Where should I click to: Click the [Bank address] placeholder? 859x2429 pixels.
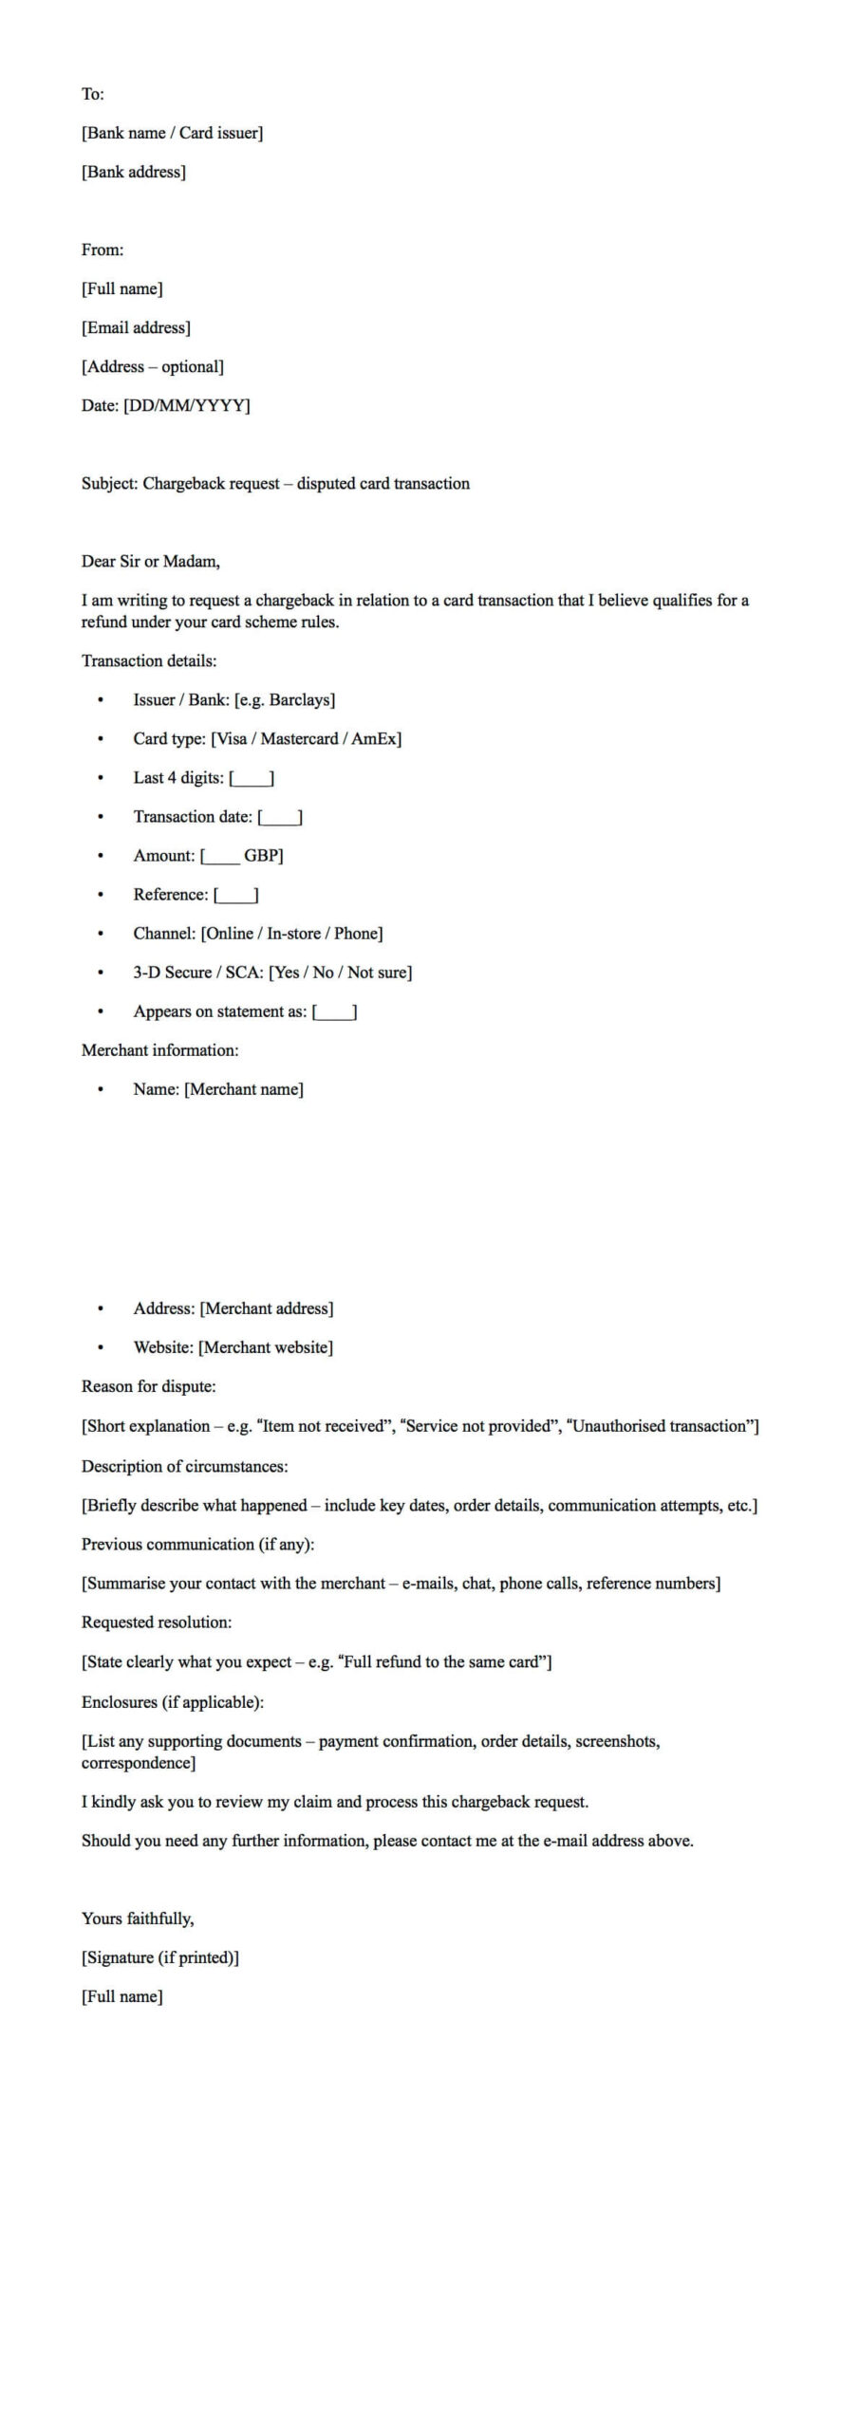click(133, 172)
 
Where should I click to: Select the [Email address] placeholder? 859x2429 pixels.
click(136, 327)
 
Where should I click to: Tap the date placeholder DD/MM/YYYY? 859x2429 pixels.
click(187, 405)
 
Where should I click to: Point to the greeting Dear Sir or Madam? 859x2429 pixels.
click(150, 561)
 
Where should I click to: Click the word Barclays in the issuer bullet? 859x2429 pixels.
click(300, 699)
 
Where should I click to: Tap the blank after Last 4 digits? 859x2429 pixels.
click(252, 778)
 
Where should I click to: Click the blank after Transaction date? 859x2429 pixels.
click(280, 817)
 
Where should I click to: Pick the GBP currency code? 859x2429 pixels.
click(262, 855)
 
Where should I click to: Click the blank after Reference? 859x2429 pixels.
click(235, 895)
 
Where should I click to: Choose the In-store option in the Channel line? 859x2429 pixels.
click(293, 933)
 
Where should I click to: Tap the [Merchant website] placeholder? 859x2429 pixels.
click(266, 1346)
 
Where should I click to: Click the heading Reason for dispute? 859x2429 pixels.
click(148, 1385)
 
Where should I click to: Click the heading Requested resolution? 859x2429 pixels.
click(157, 1622)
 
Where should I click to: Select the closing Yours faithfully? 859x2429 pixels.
click(138, 1918)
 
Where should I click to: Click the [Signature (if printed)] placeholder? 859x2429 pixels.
click(159, 1956)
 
